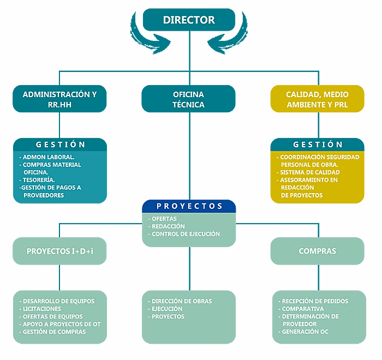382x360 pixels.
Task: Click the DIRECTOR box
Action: point(189,20)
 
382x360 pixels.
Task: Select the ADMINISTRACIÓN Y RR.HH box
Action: point(59,99)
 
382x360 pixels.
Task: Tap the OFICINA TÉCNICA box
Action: point(189,99)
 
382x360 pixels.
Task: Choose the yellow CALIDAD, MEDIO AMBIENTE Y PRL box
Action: point(317,99)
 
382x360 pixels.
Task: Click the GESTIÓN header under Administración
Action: point(60,145)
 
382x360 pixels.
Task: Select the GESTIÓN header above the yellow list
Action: point(318,145)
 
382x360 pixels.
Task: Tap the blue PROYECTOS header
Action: point(189,206)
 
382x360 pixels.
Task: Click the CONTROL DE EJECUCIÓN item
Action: point(186,234)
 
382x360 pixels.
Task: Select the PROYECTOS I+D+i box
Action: point(60,251)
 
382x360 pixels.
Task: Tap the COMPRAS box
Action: point(317,251)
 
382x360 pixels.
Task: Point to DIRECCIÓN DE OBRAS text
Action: point(182,301)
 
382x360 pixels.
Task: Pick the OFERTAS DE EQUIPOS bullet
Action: point(52,316)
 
